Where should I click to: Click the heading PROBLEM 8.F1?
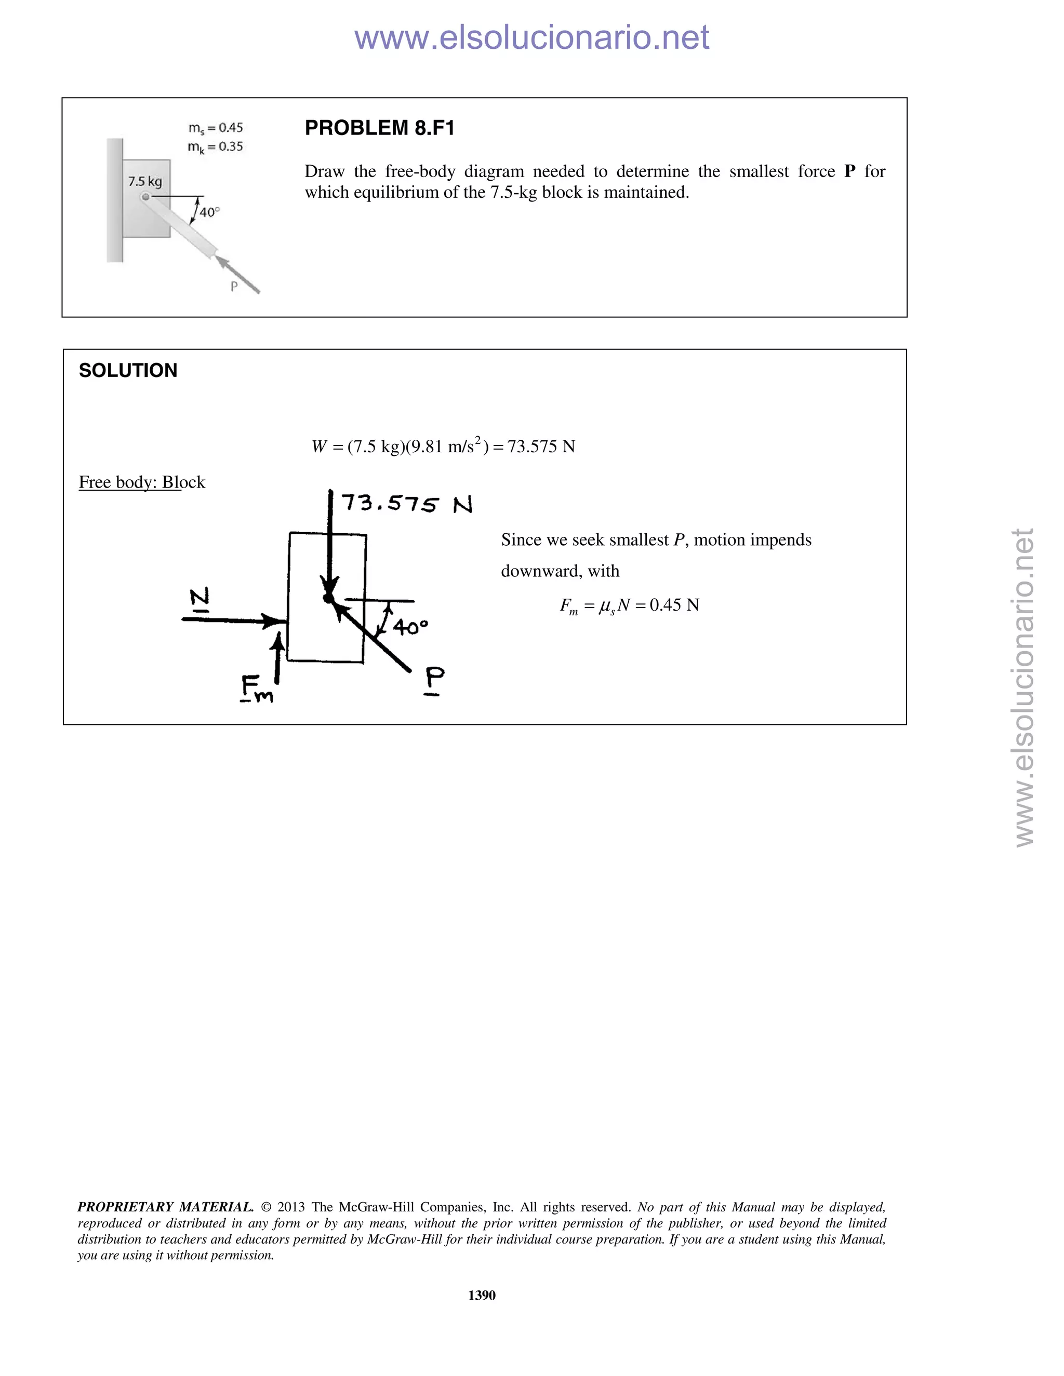379,129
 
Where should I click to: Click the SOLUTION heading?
128,370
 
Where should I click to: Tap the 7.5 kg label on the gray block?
145,181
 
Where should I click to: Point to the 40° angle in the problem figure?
209,213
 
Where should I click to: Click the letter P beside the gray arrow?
234,286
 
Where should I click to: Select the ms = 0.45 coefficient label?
216,128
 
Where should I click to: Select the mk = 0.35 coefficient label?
216,147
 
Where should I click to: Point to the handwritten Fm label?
256,688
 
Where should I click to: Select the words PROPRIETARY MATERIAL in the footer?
165,1207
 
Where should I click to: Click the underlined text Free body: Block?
142,482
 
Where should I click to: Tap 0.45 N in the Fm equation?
674,605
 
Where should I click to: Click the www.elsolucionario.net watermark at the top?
531,37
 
